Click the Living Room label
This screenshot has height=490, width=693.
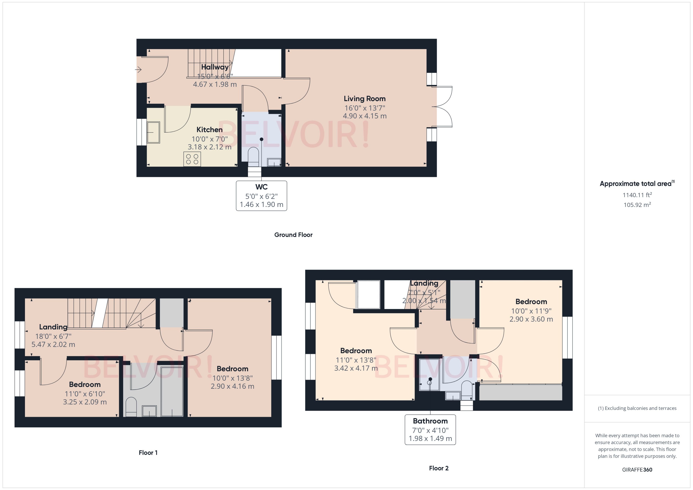(365, 99)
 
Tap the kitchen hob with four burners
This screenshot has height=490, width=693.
(192, 159)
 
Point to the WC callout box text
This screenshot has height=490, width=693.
(261, 196)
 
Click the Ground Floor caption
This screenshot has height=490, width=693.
(293, 235)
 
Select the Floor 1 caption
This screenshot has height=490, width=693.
(148, 453)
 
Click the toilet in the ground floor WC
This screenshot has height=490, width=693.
(253, 156)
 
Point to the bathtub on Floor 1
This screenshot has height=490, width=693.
(172, 391)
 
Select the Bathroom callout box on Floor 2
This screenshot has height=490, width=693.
(430, 430)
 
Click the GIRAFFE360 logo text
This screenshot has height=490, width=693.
(637, 470)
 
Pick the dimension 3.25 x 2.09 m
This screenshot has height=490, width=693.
(85, 402)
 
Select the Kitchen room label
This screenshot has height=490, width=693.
(209, 130)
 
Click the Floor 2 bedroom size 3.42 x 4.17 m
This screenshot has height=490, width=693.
(356, 368)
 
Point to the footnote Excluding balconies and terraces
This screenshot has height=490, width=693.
(637, 408)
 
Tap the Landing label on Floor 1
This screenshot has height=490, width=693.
(53, 327)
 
